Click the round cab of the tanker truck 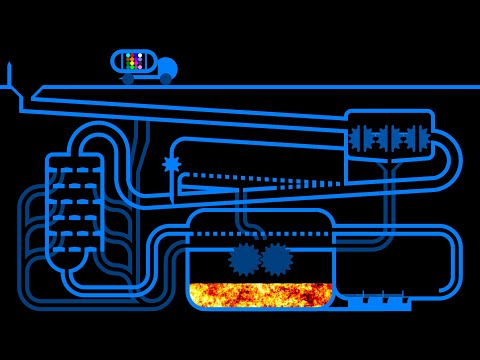point(166,68)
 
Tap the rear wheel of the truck point(128,78)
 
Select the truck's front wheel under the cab point(165,78)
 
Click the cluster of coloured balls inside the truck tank point(138,61)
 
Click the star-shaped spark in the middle point(172,164)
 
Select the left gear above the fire point(244,259)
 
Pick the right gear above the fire point(276,259)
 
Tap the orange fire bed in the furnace point(260,294)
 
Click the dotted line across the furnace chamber point(260,234)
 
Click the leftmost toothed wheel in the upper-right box point(361,138)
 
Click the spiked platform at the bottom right point(379,302)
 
